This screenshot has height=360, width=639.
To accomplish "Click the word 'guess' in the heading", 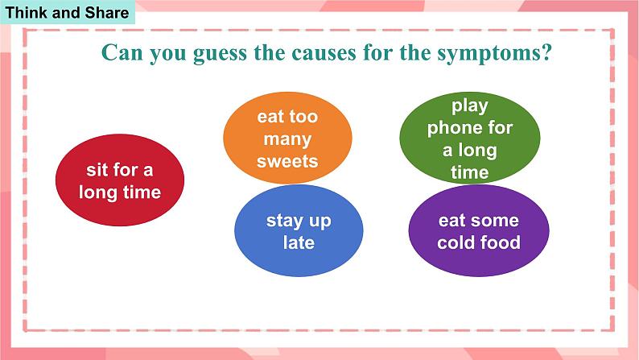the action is point(220,54).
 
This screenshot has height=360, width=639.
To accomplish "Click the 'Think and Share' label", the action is point(67,12).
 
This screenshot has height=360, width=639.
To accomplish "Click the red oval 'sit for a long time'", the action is point(120,180).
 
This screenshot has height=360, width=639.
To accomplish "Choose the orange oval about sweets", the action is point(288,138).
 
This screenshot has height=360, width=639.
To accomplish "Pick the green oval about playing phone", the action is point(470,138).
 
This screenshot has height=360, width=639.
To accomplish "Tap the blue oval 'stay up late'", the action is point(299,230).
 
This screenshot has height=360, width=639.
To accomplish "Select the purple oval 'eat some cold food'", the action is point(479,230).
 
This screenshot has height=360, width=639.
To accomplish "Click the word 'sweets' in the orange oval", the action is point(287,161).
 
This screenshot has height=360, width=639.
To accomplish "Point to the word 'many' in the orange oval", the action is point(288,140).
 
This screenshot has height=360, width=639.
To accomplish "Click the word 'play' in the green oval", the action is point(470,106).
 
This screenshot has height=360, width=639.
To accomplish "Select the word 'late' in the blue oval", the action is point(299,242).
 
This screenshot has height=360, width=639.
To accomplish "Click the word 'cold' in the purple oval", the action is point(456,242).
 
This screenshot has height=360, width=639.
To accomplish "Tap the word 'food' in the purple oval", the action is point(500,242).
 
